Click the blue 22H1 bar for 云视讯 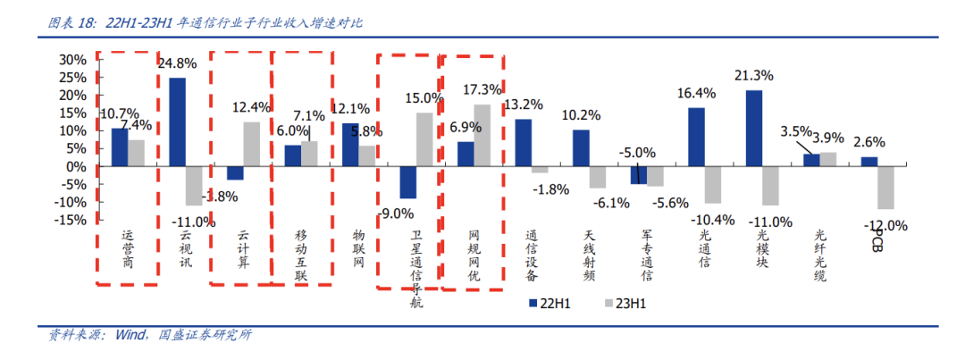click(177, 121)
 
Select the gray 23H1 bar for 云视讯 click(193, 186)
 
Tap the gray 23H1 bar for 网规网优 click(482, 135)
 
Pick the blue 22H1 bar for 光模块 click(754, 128)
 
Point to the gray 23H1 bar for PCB click(885, 188)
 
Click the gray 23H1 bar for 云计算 click(251, 144)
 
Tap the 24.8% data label click(177, 63)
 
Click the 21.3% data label click(753, 75)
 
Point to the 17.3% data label click(482, 90)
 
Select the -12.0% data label click(885, 225)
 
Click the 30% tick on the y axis click(73, 59)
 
